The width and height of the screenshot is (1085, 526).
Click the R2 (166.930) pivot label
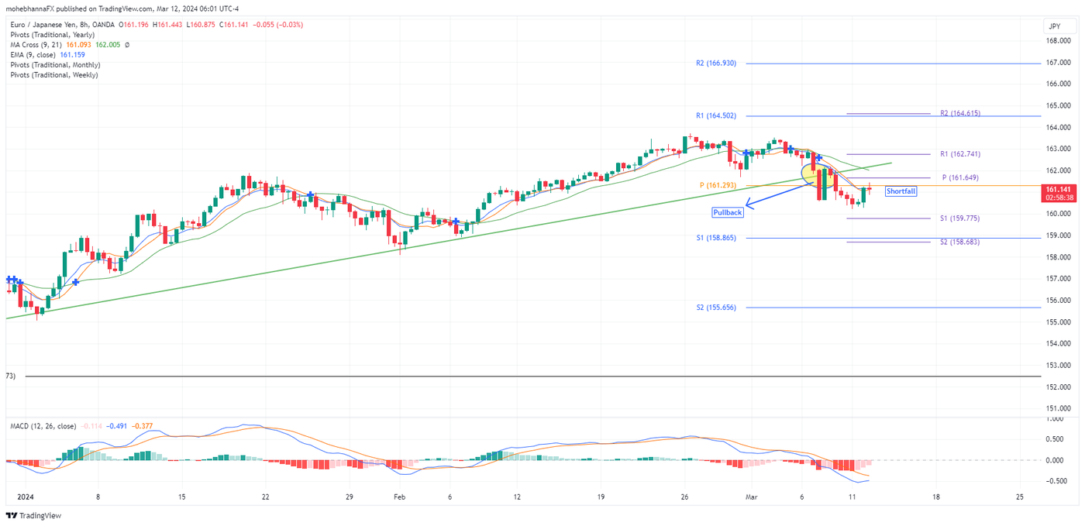(x=715, y=64)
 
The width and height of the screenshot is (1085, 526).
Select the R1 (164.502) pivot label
(x=715, y=115)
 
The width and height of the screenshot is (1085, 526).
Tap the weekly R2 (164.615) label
(x=959, y=113)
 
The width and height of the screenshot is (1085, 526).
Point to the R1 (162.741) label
(x=959, y=154)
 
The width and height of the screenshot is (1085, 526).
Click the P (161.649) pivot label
(x=959, y=177)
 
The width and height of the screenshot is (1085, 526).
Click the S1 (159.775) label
(x=959, y=218)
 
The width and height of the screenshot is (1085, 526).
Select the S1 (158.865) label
(x=715, y=238)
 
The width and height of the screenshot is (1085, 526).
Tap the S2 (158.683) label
(x=959, y=242)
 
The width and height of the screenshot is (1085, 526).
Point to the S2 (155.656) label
(x=715, y=308)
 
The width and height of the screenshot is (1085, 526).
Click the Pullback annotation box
(x=728, y=212)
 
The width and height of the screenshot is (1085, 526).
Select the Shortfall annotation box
(x=901, y=191)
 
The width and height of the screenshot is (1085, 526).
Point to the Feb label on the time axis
(x=399, y=497)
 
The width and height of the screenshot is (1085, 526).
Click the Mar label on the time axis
(x=749, y=497)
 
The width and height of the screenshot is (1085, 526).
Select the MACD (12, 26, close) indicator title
(x=43, y=426)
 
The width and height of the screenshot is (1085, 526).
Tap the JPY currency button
(x=1054, y=26)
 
